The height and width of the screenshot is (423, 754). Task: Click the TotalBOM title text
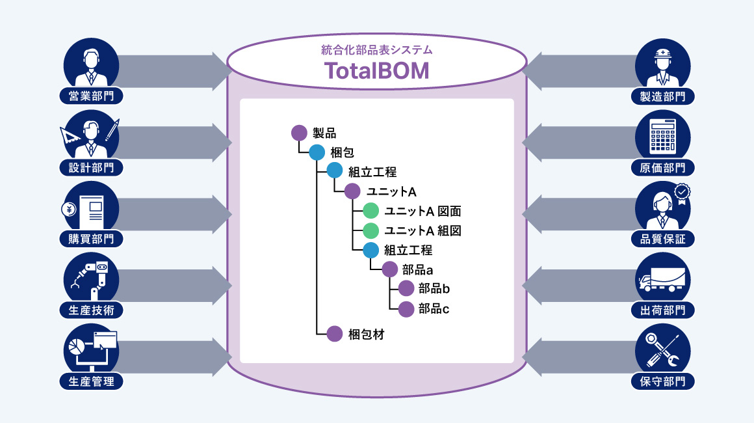coord(377,70)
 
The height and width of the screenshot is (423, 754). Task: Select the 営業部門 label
coord(91,96)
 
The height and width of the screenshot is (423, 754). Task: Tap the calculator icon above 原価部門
coord(662,137)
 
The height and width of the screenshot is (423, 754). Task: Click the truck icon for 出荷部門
coord(662,280)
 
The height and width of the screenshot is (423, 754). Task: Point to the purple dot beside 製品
coord(299,133)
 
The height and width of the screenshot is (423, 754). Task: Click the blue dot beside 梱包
coord(317,153)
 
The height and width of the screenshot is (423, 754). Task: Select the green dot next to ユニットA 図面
coord(370,211)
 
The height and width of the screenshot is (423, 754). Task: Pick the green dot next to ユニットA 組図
coord(370,230)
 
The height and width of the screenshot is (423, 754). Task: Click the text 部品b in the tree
coord(434,288)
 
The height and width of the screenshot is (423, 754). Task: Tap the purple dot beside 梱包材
coord(335,334)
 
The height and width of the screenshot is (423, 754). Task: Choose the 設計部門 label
coord(91,167)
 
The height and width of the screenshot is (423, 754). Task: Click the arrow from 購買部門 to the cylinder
coord(175,213)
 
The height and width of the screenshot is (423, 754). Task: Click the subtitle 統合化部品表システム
coord(377,50)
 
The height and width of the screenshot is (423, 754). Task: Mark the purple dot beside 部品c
coord(406,308)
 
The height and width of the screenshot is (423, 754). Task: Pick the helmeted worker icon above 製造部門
coord(662,65)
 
